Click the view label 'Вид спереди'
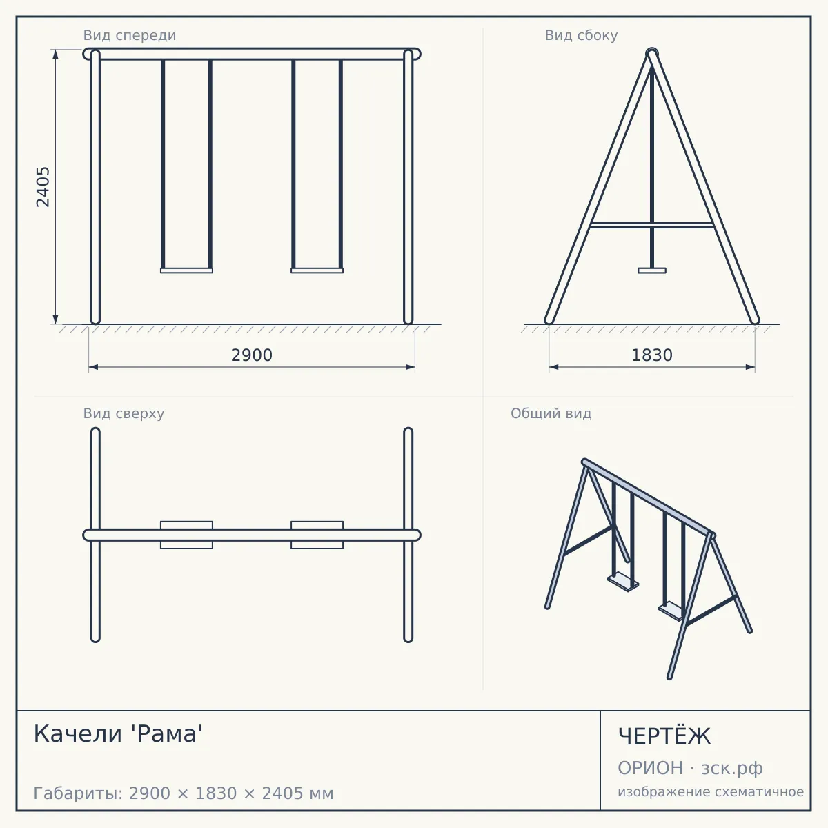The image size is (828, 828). pos(129,35)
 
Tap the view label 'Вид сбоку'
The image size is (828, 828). pos(581,35)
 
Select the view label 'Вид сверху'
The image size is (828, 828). pos(124,413)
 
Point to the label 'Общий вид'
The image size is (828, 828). pos(551,413)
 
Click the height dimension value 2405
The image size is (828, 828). pos(43,187)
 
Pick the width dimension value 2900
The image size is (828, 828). pos(252,355)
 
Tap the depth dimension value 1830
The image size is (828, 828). pos(652,355)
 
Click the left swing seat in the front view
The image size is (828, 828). pos(186,270)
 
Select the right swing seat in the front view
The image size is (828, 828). pos(317,270)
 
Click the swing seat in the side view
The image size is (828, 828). pos(652,270)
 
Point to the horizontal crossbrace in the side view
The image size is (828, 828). pos(652,225)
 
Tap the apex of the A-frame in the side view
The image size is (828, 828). pos(652,52)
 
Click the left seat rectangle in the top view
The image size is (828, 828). pos(186,535)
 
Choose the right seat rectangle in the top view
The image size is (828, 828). pos(317,535)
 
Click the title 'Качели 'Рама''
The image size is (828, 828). pos(118,734)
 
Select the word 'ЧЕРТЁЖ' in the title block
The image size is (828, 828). pos(664,736)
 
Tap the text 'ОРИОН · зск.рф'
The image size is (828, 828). pos(690,768)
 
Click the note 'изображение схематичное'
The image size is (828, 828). pos(711,792)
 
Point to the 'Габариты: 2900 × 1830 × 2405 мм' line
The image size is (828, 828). pos(184,793)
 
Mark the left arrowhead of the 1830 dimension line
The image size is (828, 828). pos(553,367)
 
